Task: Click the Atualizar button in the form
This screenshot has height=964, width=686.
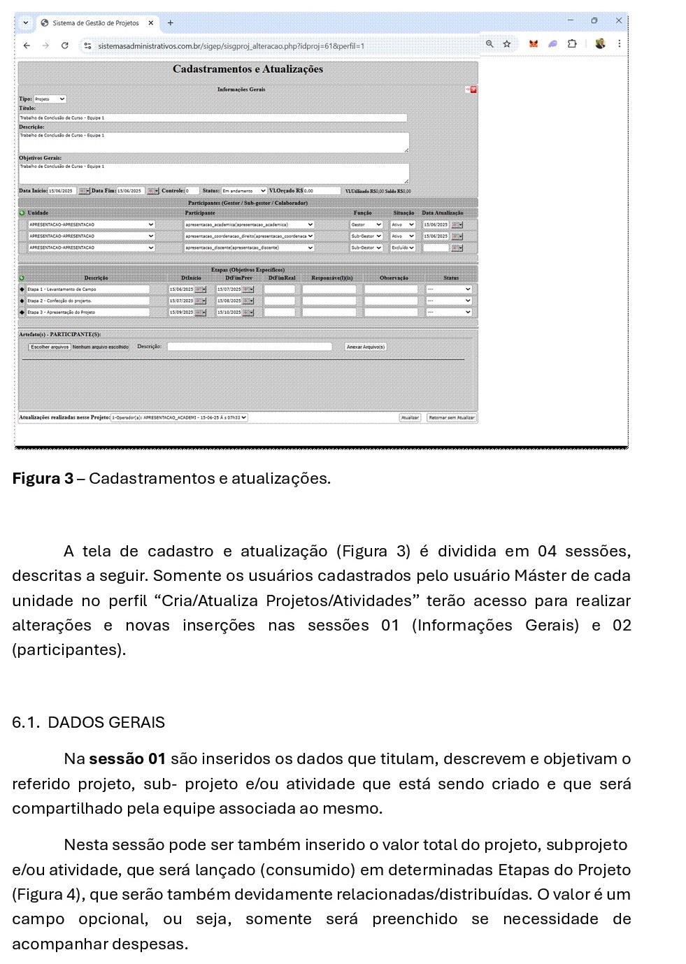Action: [410, 417]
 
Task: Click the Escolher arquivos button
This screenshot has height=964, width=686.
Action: [50, 347]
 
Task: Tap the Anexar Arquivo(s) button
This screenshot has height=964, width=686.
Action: [365, 347]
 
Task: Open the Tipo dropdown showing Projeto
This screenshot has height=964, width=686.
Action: [50, 99]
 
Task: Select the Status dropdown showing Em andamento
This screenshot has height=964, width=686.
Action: [244, 191]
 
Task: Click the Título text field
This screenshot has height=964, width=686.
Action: [213, 118]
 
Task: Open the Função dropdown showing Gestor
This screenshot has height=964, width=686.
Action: [366, 225]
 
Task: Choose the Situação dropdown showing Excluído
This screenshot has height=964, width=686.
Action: [403, 247]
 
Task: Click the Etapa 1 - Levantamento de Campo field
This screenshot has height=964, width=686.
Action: [88, 289]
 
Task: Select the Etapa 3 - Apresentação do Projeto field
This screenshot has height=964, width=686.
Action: [88, 312]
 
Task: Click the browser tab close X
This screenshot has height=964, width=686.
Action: [150, 23]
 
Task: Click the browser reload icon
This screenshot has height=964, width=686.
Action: [64, 45]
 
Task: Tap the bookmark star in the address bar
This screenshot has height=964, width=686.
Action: [506, 44]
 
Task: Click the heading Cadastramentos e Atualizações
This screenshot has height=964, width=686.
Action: [248, 69]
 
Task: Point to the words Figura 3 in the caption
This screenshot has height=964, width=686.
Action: [43, 479]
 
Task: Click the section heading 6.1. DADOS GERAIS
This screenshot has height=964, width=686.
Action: [89, 723]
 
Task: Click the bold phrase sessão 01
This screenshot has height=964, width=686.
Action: [127, 759]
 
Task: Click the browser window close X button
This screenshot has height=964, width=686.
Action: [618, 21]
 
